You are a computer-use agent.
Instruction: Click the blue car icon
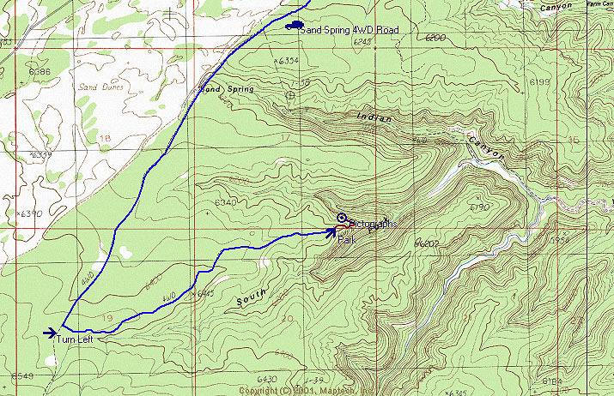tap(295, 26)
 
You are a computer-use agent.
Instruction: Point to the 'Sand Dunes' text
tap(101, 87)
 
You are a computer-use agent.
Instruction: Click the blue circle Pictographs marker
tap(341, 218)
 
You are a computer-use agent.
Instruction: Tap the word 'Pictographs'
tap(371, 224)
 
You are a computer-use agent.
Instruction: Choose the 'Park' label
tap(345, 240)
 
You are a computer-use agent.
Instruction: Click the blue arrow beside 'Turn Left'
tap(50, 333)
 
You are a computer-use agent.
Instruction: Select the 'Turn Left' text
tap(81, 339)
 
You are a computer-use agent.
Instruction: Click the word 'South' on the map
tap(251, 297)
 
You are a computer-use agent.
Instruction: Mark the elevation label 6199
tap(539, 81)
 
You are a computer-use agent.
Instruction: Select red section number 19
tap(106, 317)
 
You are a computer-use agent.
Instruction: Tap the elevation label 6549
tap(21, 376)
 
